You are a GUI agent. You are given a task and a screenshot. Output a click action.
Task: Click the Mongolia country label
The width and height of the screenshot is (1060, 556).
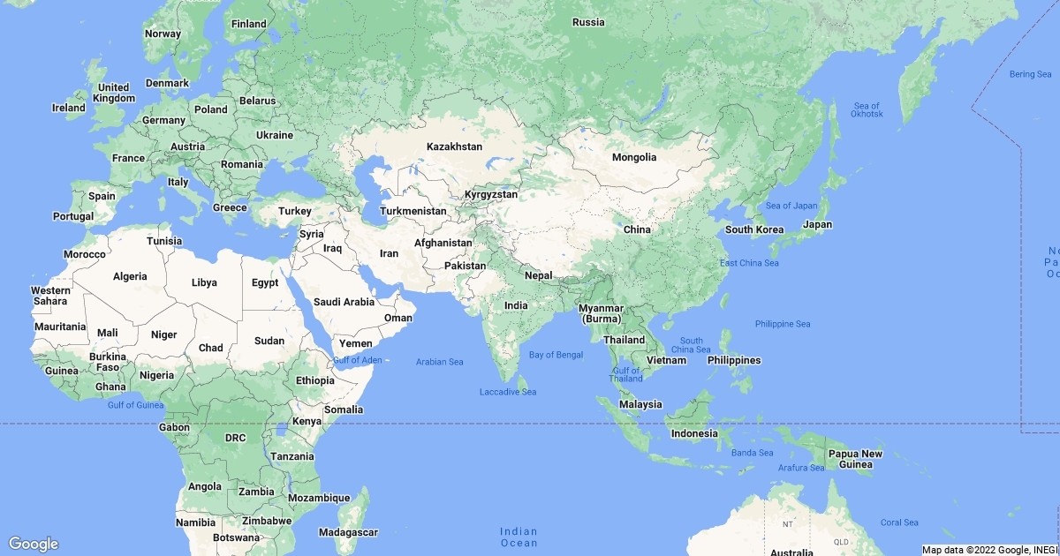(x=634, y=157)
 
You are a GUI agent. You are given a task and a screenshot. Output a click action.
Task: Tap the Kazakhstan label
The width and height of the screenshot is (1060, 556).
(x=454, y=147)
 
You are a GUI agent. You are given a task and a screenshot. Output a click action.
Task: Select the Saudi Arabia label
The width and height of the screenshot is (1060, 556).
(x=344, y=301)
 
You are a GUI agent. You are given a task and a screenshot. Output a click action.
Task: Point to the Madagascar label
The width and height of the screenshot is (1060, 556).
(x=348, y=532)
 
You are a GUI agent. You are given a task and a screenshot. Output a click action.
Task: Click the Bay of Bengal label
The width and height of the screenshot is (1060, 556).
(x=556, y=355)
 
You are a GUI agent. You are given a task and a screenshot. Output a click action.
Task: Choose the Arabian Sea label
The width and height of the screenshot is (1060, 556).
(x=439, y=362)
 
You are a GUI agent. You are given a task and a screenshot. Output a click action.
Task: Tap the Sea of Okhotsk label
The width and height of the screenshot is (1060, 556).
(x=866, y=110)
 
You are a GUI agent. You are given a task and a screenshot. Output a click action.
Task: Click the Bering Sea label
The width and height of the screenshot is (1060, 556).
(x=1030, y=74)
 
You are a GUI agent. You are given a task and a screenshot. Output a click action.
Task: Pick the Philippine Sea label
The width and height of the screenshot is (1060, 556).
(x=782, y=324)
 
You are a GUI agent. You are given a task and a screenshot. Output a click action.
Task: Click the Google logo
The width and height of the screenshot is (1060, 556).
(x=34, y=544)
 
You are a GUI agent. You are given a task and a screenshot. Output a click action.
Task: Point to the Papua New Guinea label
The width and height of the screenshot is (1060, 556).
(x=854, y=459)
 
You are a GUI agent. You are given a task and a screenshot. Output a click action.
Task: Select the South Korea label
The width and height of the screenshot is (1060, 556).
(x=753, y=229)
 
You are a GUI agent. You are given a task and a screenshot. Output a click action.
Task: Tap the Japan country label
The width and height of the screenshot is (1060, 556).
(x=817, y=224)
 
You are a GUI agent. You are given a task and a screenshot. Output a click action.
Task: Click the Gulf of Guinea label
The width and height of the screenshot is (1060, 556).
(x=136, y=405)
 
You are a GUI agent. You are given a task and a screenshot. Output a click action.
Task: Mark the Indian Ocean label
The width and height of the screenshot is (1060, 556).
(x=519, y=537)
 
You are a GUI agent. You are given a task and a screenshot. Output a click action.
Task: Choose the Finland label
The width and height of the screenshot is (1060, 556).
(x=248, y=24)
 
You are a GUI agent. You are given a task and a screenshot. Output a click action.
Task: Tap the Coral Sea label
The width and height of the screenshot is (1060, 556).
(x=898, y=522)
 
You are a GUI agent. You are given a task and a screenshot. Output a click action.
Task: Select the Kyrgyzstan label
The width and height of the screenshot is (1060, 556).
(x=490, y=193)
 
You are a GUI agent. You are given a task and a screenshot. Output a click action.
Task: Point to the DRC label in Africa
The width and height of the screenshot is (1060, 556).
(x=235, y=438)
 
